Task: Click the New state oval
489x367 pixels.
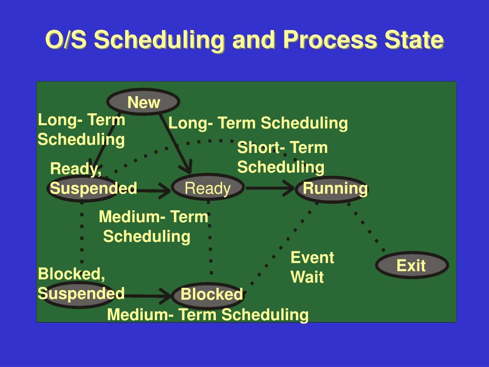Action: pyautogui.click(x=143, y=102)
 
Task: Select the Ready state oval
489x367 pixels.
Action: pyautogui.click(x=208, y=187)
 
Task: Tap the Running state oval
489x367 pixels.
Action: pyautogui.click(x=331, y=188)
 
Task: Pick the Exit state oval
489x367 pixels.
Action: pyautogui.click(x=412, y=265)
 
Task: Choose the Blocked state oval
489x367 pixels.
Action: pyautogui.click(x=208, y=294)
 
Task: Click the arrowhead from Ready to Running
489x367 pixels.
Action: pyautogui.click(x=288, y=188)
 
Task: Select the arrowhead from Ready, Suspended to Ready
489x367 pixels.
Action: pyautogui.click(x=164, y=190)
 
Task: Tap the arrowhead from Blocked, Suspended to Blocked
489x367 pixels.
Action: pyautogui.click(x=165, y=296)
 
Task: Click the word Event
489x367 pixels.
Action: pyautogui.click(x=312, y=258)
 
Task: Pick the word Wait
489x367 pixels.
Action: pyautogui.click(x=307, y=277)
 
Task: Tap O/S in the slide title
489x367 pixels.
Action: pyautogui.click(x=66, y=40)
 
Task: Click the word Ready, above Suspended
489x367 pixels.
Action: pyautogui.click(x=76, y=169)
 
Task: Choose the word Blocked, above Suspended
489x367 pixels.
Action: pyautogui.click(x=72, y=274)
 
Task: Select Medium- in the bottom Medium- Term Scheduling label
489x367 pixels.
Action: pyautogui.click(x=140, y=314)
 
